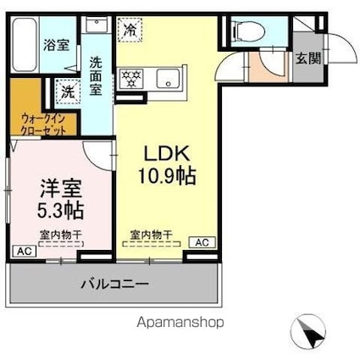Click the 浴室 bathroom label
(x=57, y=45)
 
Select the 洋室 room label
(x=56, y=186)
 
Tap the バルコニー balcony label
(x=115, y=283)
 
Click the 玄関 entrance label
(x=307, y=60)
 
